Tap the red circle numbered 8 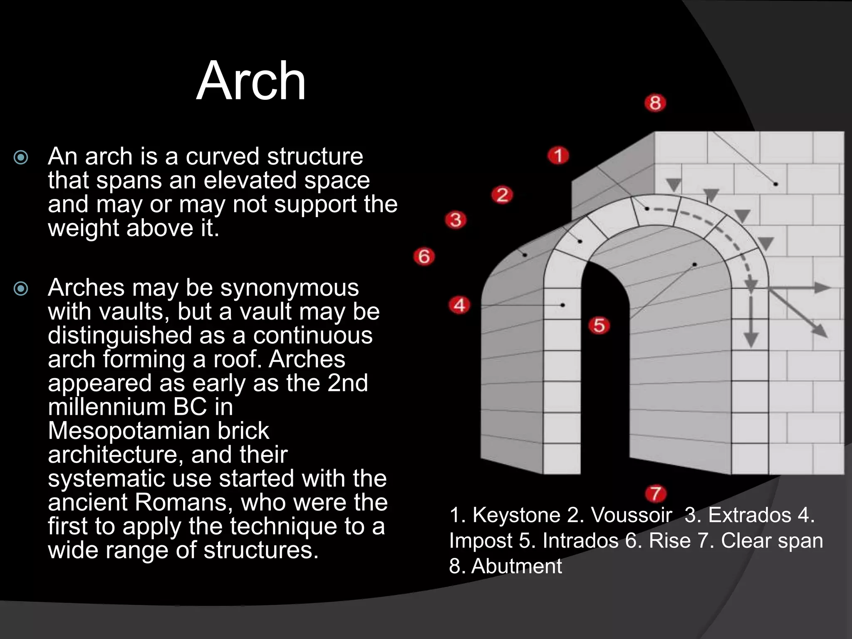[655, 103]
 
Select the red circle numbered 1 [558, 156]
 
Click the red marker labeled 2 [502, 195]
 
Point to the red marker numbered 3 [456, 220]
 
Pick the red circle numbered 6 [424, 256]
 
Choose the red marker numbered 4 [459, 305]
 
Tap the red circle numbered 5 [599, 325]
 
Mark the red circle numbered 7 [656, 494]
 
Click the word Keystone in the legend [516, 515]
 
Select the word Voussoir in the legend [631, 515]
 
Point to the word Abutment [516, 566]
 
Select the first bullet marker [21, 157]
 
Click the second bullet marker [21, 288]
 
